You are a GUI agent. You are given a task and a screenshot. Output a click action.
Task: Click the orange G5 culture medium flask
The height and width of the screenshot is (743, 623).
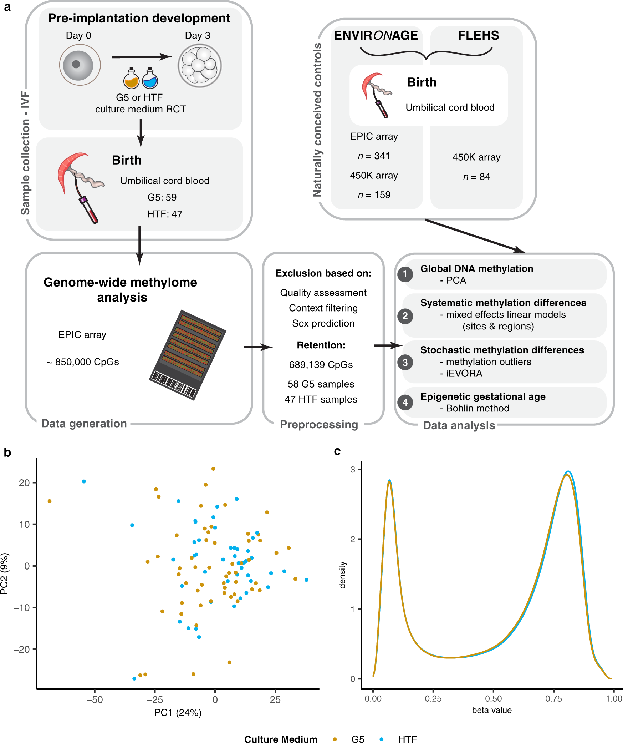point(131,79)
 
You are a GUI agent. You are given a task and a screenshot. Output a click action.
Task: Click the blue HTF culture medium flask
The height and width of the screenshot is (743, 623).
point(150,79)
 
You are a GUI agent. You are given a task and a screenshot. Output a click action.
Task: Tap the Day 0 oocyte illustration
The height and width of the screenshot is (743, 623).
point(80,65)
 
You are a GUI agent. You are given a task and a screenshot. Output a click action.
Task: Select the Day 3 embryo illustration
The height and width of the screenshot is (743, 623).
point(199,66)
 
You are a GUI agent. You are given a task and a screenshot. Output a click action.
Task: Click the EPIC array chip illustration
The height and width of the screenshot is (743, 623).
point(188,355)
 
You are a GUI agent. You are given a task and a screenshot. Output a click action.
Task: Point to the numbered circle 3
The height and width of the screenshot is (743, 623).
point(405,363)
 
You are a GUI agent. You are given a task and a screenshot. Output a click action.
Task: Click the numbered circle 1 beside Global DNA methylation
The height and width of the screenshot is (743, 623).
point(405,274)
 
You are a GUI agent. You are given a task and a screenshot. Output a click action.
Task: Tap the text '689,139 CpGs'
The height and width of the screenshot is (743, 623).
point(321,365)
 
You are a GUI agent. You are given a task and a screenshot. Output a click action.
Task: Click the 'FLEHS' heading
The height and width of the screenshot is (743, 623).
point(478,36)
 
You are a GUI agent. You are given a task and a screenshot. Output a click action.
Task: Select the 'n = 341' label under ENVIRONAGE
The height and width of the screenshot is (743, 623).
point(374,156)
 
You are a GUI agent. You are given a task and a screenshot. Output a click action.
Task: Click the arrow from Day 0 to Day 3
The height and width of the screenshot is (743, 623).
point(141,57)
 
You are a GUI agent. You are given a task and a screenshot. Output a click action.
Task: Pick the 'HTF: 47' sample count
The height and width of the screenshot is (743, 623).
point(165,214)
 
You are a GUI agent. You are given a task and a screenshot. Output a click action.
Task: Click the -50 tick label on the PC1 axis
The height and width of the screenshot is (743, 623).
point(95,700)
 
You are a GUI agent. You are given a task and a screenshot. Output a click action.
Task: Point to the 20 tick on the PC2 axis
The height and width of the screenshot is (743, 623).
point(24,483)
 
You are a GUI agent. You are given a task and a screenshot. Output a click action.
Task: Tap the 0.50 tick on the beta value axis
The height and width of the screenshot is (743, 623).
point(493,698)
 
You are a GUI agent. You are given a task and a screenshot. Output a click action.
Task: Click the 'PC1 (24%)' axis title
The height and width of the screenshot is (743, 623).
point(178,713)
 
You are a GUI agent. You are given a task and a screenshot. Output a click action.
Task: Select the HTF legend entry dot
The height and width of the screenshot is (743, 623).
point(381,739)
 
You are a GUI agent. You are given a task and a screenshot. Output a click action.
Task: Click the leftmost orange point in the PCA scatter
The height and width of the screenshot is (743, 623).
point(50,501)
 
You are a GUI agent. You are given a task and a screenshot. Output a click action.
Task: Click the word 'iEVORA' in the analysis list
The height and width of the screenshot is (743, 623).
point(464,373)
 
